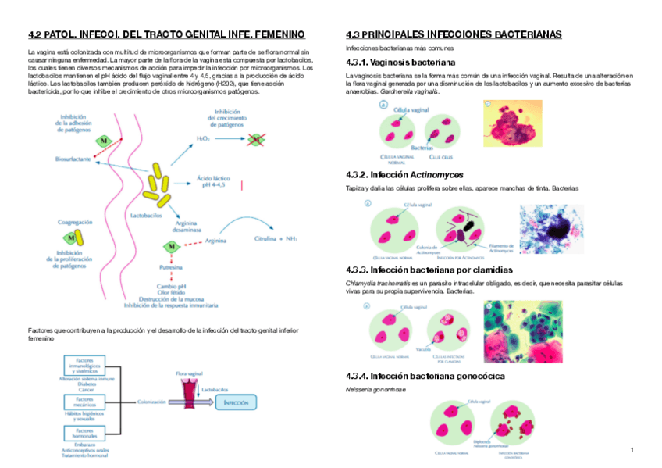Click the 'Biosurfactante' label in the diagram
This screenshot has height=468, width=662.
(x=73, y=159)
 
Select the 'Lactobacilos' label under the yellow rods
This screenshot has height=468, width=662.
(x=147, y=213)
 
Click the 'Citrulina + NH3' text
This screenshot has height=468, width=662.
(x=276, y=238)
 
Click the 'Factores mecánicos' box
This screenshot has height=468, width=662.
(x=84, y=402)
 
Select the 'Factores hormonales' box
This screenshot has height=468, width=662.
(x=84, y=433)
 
